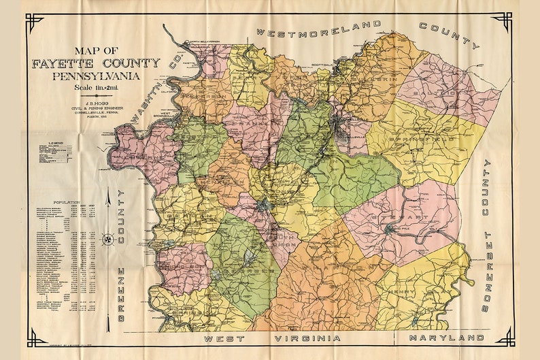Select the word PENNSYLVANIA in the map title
point(97,76)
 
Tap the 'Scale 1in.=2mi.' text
point(97,88)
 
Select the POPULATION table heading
point(65,203)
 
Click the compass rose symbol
point(108,239)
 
